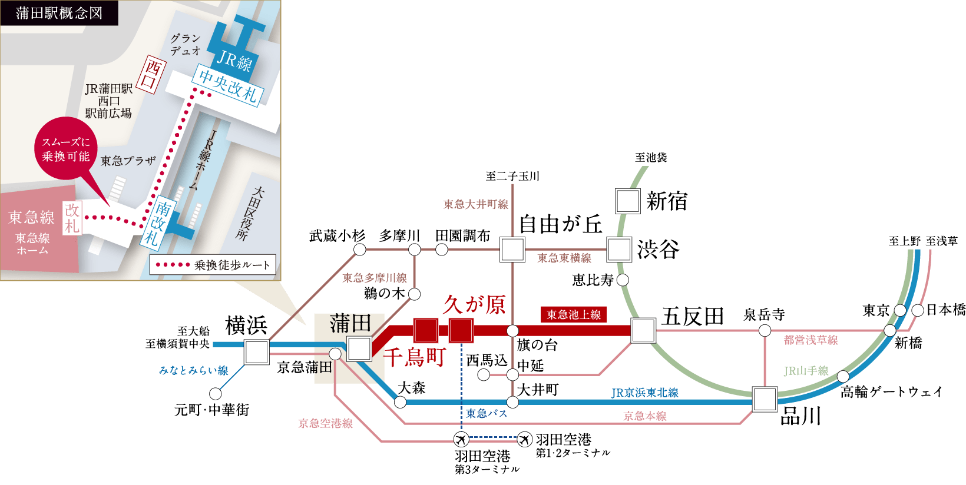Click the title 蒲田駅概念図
point(59,13)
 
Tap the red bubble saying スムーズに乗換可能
point(66,150)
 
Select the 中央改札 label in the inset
point(228,85)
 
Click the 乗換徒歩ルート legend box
point(213,265)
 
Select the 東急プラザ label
point(128,161)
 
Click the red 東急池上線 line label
point(573,314)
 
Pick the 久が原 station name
point(474,304)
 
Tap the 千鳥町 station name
point(415,357)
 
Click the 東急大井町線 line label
point(475,204)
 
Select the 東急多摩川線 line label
point(375,278)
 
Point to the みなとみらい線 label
point(193,370)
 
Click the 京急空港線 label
point(325,423)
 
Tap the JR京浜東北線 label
point(644,393)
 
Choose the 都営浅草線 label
point(810,340)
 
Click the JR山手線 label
point(806,371)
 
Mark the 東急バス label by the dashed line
point(486,414)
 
